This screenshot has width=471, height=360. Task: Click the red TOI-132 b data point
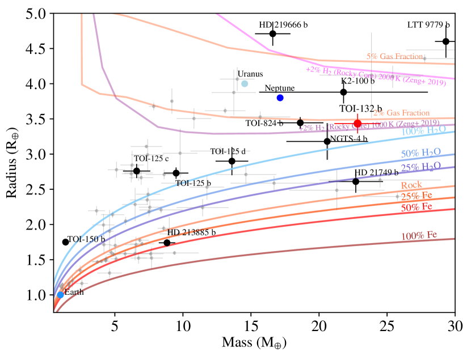point(358,124)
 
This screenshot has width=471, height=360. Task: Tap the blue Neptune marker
point(280,98)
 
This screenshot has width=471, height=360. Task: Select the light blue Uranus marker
point(245,84)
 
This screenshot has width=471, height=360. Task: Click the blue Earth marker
point(60,295)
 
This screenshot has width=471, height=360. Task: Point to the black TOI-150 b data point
point(65,242)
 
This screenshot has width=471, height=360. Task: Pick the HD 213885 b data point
point(167,243)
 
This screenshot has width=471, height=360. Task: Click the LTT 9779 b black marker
point(446,41)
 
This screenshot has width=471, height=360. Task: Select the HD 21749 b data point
point(356,181)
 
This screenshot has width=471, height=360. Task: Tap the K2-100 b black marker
point(343,92)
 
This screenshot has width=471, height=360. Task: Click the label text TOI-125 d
point(228,151)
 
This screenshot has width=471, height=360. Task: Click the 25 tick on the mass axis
point(387,328)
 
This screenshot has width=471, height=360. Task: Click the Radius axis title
point(12,159)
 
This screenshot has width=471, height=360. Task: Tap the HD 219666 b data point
point(273,33)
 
